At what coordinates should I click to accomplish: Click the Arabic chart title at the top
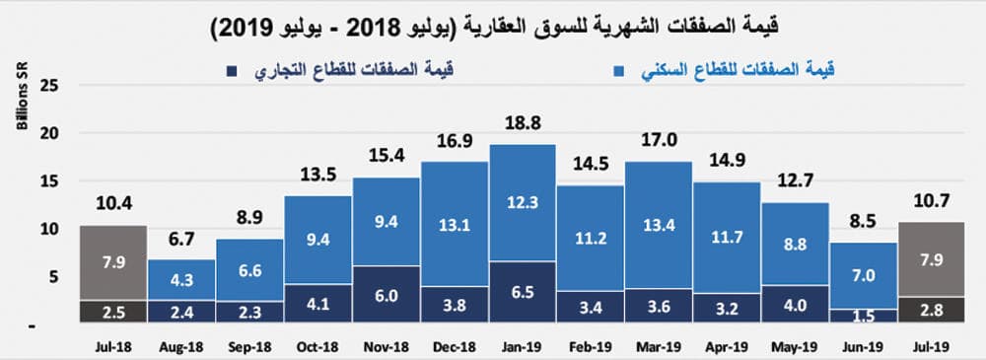coord(493,26)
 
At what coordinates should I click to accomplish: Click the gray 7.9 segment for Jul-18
coord(112,263)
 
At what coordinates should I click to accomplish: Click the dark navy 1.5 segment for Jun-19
coord(862,316)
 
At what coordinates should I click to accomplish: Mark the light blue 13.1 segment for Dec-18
coord(454,224)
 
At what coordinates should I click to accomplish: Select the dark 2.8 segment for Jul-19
coord(930,310)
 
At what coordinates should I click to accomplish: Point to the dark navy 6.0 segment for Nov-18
coord(386,295)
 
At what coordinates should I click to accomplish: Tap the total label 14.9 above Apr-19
coord(726,163)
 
